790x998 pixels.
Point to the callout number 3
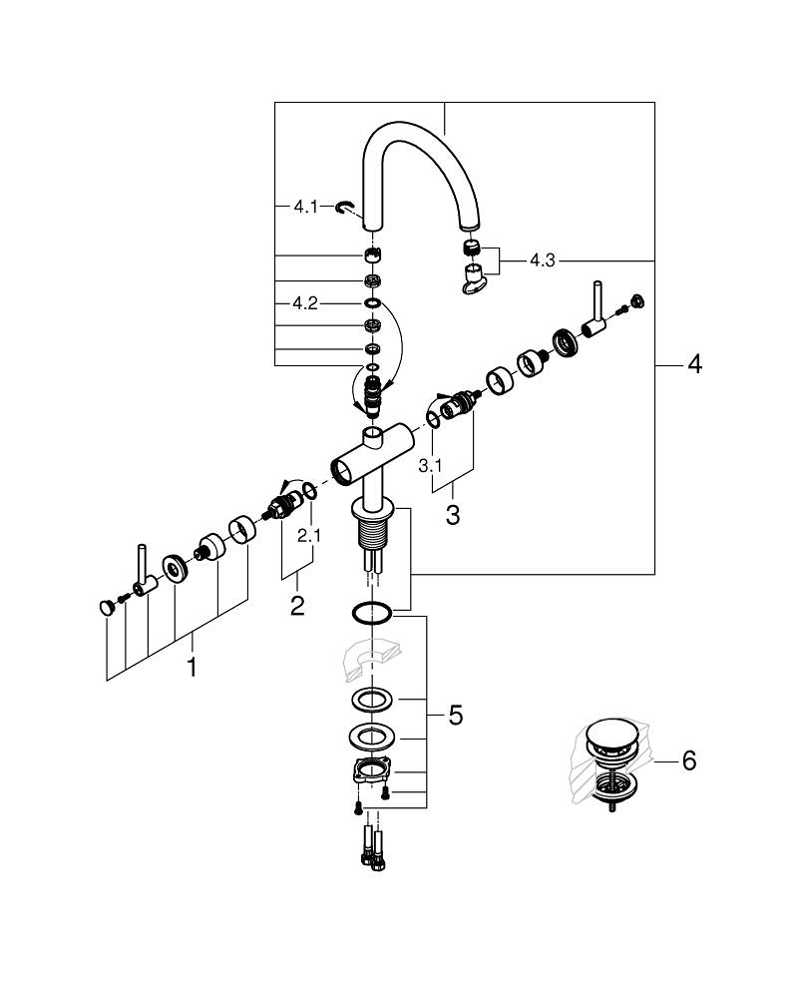[452, 516]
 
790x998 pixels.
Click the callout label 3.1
[430, 465]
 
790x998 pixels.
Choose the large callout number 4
[693, 364]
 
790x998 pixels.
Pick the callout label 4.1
[304, 207]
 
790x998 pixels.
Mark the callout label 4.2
[304, 302]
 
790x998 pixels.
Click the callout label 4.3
[543, 260]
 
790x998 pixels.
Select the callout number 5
[455, 715]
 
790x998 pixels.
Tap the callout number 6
[688, 760]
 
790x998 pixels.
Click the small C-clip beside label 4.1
[345, 207]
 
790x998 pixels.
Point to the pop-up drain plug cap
[605, 737]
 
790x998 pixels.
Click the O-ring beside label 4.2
[371, 302]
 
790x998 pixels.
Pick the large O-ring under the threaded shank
[371, 613]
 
